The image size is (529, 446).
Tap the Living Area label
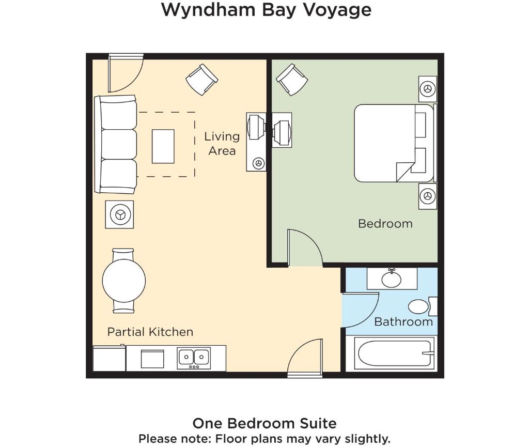point(222,144)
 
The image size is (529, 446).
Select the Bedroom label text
point(385,223)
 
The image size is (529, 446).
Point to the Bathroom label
point(403,322)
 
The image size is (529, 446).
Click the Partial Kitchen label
point(150,332)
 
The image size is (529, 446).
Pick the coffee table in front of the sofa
point(163,146)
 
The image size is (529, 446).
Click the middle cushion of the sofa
point(119,144)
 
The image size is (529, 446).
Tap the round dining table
point(124,281)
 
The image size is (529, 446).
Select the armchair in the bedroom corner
point(292,80)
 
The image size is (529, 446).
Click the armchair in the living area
point(202,80)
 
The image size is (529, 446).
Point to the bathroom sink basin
point(392,280)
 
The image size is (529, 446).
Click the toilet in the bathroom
point(422,306)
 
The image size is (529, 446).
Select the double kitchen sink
point(194,358)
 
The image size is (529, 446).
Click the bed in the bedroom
point(394,143)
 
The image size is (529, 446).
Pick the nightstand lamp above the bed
point(427,89)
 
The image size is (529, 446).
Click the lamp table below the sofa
point(119,214)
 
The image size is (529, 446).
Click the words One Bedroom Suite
point(264,423)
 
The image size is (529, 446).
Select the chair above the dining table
point(123,254)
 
